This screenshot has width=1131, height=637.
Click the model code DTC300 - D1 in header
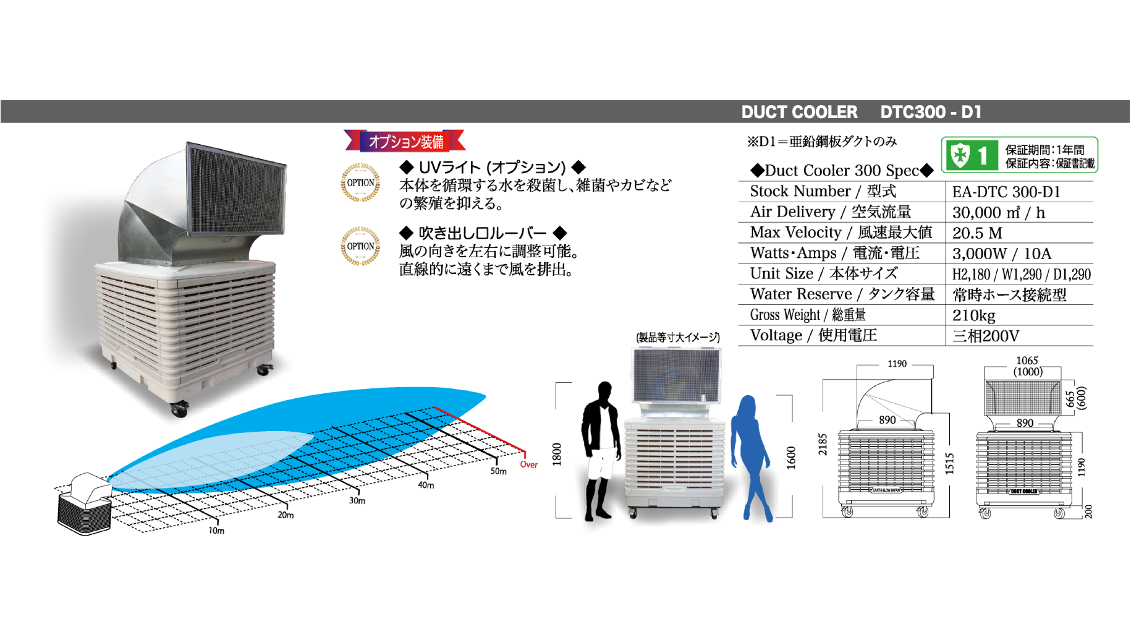[x=930, y=112]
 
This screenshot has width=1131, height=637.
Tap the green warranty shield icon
[x=959, y=155]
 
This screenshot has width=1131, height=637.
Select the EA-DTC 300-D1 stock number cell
[x=1006, y=192]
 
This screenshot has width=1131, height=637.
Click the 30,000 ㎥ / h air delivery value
[x=998, y=213]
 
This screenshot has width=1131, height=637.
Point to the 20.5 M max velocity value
[x=976, y=233]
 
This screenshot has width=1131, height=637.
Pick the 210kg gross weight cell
[x=973, y=315]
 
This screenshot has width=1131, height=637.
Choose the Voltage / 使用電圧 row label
[x=813, y=335]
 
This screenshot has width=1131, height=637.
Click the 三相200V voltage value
[x=985, y=336]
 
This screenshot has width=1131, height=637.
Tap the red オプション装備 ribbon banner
[x=405, y=141]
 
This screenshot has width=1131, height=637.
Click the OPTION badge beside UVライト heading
[x=360, y=182]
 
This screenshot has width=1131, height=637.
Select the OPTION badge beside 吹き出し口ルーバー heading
[x=360, y=246]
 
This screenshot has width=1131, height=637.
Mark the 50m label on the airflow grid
[x=498, y=471]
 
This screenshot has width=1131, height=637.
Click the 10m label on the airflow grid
[x=216, y=531]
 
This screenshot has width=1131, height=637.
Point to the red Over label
[x=528, y=464]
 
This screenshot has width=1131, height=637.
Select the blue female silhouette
[x=751, y=455]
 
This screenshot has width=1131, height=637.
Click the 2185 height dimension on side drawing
[x=823, y=444]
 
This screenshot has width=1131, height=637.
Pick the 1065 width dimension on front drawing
[x=1027, y=361]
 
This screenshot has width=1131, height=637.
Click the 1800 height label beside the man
[x=557, y=454]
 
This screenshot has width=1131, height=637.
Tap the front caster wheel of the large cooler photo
[x=179, y=409]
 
